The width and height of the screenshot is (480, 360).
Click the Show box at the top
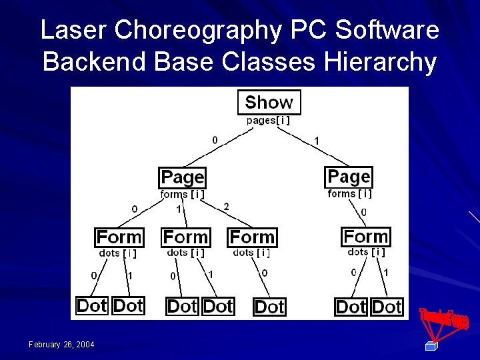(x=269, y=102)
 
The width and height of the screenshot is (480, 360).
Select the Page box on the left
(x=182, y=177)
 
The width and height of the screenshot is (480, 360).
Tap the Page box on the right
(x=349, y=177)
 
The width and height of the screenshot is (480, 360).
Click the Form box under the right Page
(x=366, y=236)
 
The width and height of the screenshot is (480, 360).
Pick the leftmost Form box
(x=119, y=237)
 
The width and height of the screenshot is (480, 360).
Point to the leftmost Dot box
(x=92, y=306)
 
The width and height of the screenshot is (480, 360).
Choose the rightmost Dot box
(x=387, y=307)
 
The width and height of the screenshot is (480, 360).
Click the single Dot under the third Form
(x=269, y=307)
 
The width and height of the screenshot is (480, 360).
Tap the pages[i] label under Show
(x=268, y=121)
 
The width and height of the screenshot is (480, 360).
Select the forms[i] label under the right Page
(x=349, y=194)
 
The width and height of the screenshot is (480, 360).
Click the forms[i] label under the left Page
(x=182, y=195)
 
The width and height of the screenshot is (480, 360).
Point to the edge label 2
(x=226, y=207)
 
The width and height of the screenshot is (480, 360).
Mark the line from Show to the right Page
(x=313, y=147)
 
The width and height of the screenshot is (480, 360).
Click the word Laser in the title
(x=73, y=31)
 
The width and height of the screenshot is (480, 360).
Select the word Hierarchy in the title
(x=381, y=62)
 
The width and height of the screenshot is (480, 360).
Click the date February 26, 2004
(x=61, y=344)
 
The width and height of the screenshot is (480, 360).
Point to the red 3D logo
(x=443, y=323)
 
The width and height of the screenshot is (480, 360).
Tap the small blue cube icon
(x=430, y=345)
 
